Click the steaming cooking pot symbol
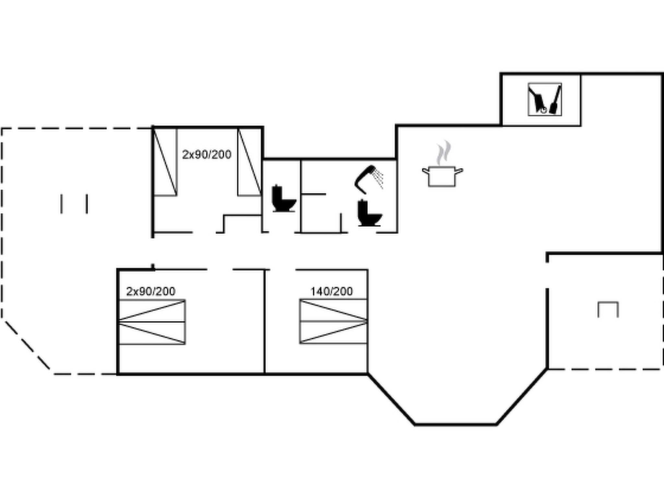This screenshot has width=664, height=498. click(442, 176)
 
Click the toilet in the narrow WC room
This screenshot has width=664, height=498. click(283, 198)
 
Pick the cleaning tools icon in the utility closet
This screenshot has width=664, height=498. click(545, 99)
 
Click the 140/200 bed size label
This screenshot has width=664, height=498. click(331, 291)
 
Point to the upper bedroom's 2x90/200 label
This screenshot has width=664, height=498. click(207, 155)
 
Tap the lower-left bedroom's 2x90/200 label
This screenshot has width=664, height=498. click(151, 291)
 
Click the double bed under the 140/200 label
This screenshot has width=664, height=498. click(333, 321)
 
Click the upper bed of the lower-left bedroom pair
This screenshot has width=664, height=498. click(152, 311)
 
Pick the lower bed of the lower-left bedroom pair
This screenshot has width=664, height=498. click(152, 333)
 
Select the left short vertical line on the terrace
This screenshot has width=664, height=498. click(62, 204)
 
